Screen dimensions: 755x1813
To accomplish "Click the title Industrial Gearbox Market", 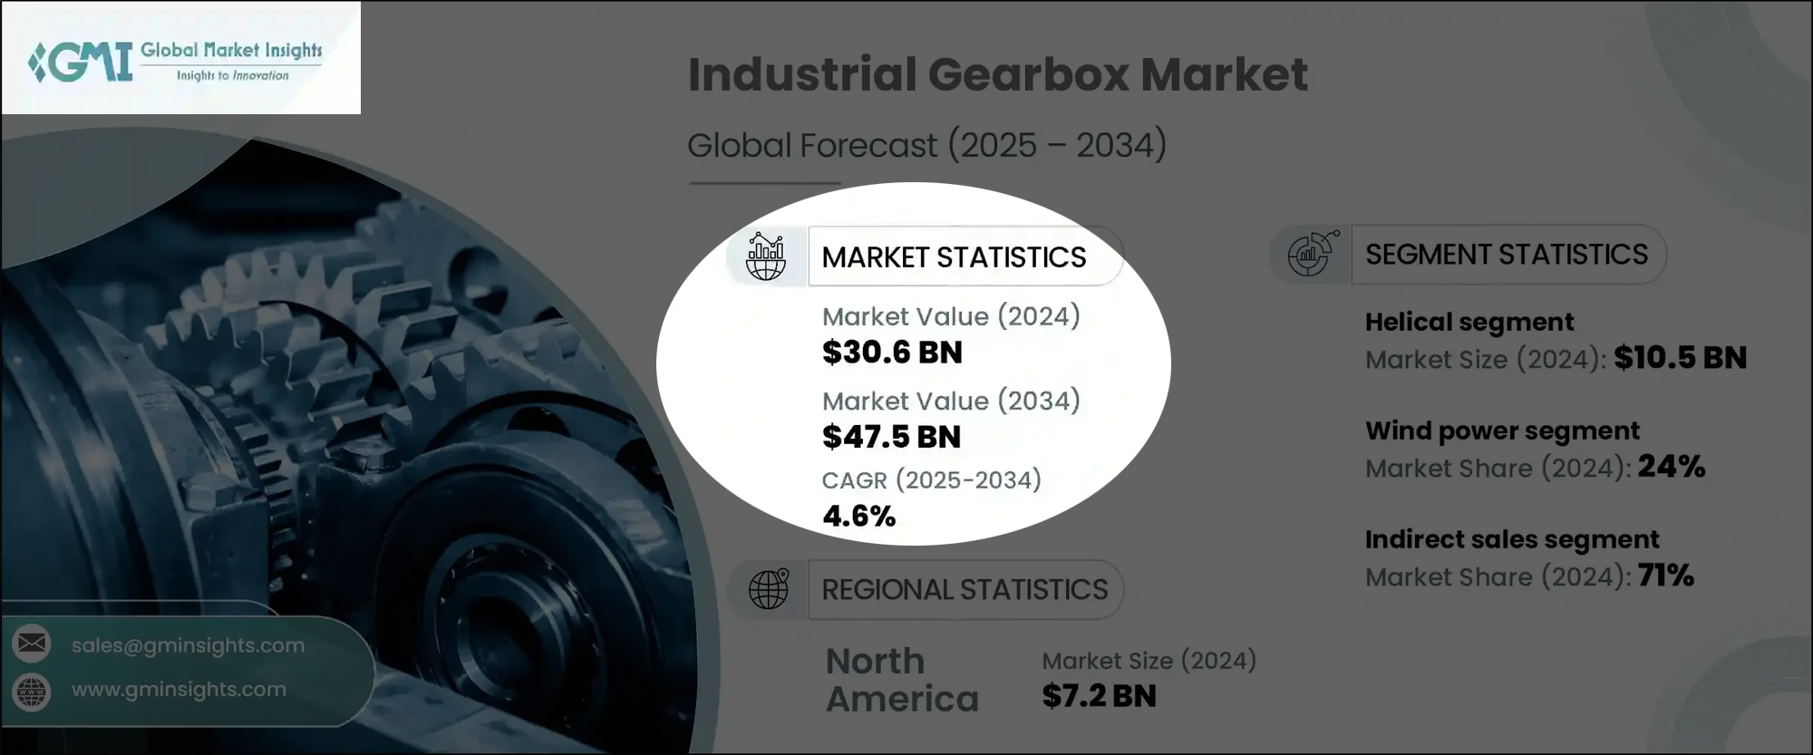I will tap(997, 74).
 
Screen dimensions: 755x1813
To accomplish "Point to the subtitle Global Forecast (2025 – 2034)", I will tap(926, 146).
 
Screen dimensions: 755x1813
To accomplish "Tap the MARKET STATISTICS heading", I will tap(954, 257).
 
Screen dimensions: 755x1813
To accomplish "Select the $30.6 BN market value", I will tap(892, 353).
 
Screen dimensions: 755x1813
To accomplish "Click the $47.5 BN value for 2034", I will tap(891, 437).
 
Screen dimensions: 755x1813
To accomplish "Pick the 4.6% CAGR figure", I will tap(858, 517).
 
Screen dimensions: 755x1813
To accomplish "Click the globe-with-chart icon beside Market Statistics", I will tap(766, 257).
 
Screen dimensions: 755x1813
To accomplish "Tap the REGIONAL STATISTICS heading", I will tap(965, 590).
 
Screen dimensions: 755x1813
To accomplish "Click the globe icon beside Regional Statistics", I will tap(768, 589).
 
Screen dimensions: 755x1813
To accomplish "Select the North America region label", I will tap(902, 680).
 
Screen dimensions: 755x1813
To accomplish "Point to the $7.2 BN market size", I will tap(1099, 696).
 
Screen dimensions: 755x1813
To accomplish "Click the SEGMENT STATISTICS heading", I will tap(1507, 255).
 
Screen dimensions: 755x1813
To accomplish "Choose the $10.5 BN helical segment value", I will tap(1680, 358).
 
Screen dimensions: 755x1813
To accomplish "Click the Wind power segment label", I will tap(1502, 431).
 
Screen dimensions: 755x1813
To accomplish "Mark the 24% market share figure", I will tap(1671, 467).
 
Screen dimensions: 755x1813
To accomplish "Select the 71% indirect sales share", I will tap(1665, 576).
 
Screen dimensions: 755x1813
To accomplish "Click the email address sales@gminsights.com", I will tap(188, 645).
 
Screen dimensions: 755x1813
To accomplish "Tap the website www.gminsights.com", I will tap(179, 689).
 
